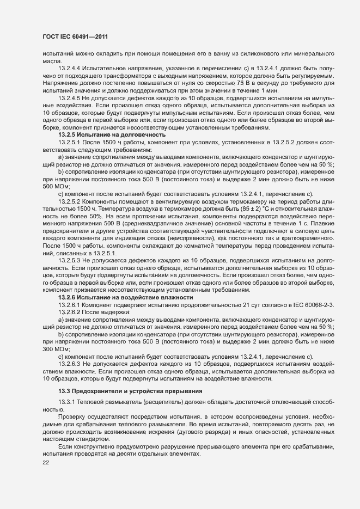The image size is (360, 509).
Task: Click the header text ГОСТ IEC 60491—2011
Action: (75, 37)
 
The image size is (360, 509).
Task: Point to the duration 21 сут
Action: (252, 305)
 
